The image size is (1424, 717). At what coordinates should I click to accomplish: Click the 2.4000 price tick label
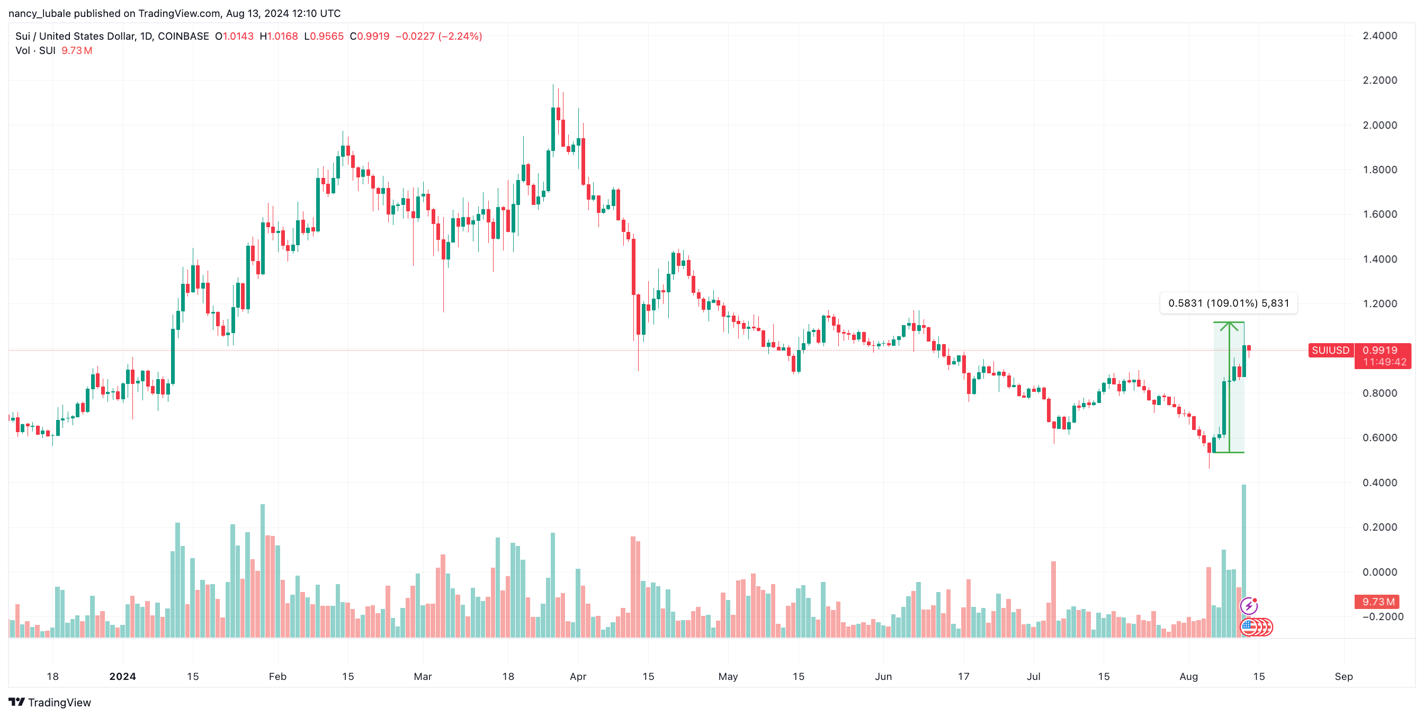click(1379, 36)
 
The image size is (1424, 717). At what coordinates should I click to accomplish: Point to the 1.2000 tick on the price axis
click(1379, 303)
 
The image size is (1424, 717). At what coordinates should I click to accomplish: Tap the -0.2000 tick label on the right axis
click(1382, 616)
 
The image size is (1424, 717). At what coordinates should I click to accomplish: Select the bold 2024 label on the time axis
click(122, 676)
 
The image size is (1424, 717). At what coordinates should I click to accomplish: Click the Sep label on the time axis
click(1344, 676)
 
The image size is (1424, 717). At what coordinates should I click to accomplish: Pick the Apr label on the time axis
click(578, 676)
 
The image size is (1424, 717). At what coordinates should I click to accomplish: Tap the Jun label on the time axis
click(883, 676)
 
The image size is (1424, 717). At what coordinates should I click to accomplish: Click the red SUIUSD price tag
click(1330, 350)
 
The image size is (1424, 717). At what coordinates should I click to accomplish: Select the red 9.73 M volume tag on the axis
click(1378, 602)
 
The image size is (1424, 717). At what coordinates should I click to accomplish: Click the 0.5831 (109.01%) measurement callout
click(1228, 303)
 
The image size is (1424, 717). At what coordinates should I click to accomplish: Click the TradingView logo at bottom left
click(50, 702)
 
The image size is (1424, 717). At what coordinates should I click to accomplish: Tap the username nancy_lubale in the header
click(39, 13)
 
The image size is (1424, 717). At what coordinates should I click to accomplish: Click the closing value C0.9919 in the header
click(369, 37)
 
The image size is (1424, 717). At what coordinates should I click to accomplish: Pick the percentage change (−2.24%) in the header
click(460, 37)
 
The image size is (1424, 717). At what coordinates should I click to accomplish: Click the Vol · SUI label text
click(35, 51)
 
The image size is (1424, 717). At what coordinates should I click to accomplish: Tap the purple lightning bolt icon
click(1249, 606)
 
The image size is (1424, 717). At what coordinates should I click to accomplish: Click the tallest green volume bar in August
click(1243, 558)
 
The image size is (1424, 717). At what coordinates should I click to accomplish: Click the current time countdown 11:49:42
click(1384, 362)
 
